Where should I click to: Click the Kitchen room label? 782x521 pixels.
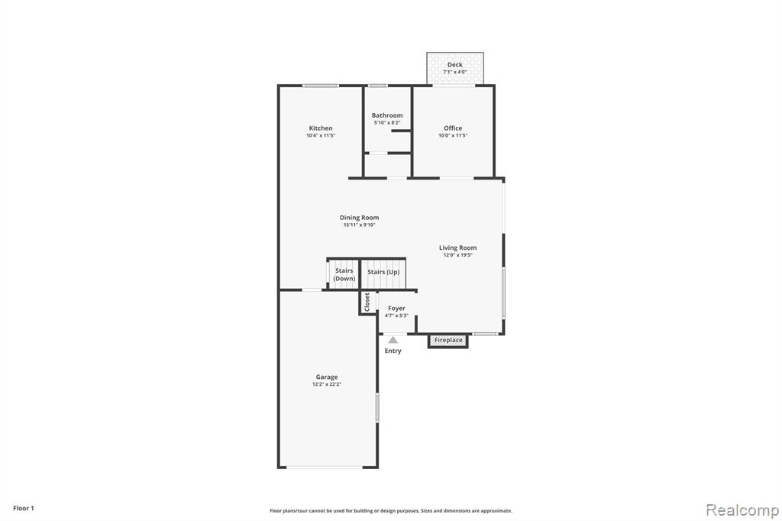coord(321,128)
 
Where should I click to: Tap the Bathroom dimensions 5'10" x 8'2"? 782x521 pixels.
coord(387,123)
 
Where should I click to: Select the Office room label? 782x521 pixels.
coord(453,128)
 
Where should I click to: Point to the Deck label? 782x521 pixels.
coord(455,65)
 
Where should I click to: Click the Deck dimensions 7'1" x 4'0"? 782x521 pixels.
coord(455,72)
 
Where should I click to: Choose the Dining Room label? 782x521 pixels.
coord(359,218)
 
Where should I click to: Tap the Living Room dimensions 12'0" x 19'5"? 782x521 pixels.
coord(458,255)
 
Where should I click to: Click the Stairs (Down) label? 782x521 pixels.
coord(344,274)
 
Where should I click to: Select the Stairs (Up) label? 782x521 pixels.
coord(383,272)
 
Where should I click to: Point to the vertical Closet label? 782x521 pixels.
coord(367,302)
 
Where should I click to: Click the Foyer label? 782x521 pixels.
coord(396,309)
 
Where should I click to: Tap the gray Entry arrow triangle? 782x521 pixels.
coord(393,340)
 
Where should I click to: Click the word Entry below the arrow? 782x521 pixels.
coord(393,351)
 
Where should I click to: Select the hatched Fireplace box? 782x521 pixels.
coord(448,341)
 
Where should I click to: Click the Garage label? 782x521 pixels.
coord(327,377)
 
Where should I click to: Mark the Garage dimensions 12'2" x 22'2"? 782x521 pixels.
coord(327,384)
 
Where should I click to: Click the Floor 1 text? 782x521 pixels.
coord(24,508)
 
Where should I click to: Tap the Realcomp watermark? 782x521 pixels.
coord(742,510)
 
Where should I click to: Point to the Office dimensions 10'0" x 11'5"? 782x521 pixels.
coord(453,135)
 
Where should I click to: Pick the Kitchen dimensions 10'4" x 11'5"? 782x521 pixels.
coord(321,135)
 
